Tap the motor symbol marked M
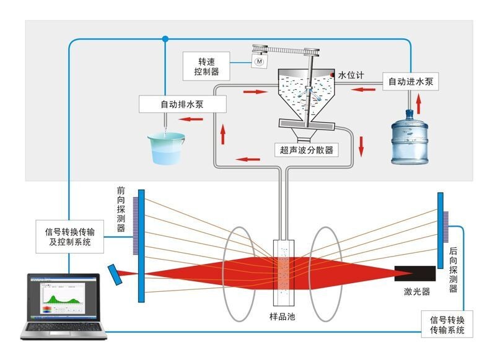pos(259,62)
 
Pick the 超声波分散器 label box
pos(306,149)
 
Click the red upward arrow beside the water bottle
pos(418,100)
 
